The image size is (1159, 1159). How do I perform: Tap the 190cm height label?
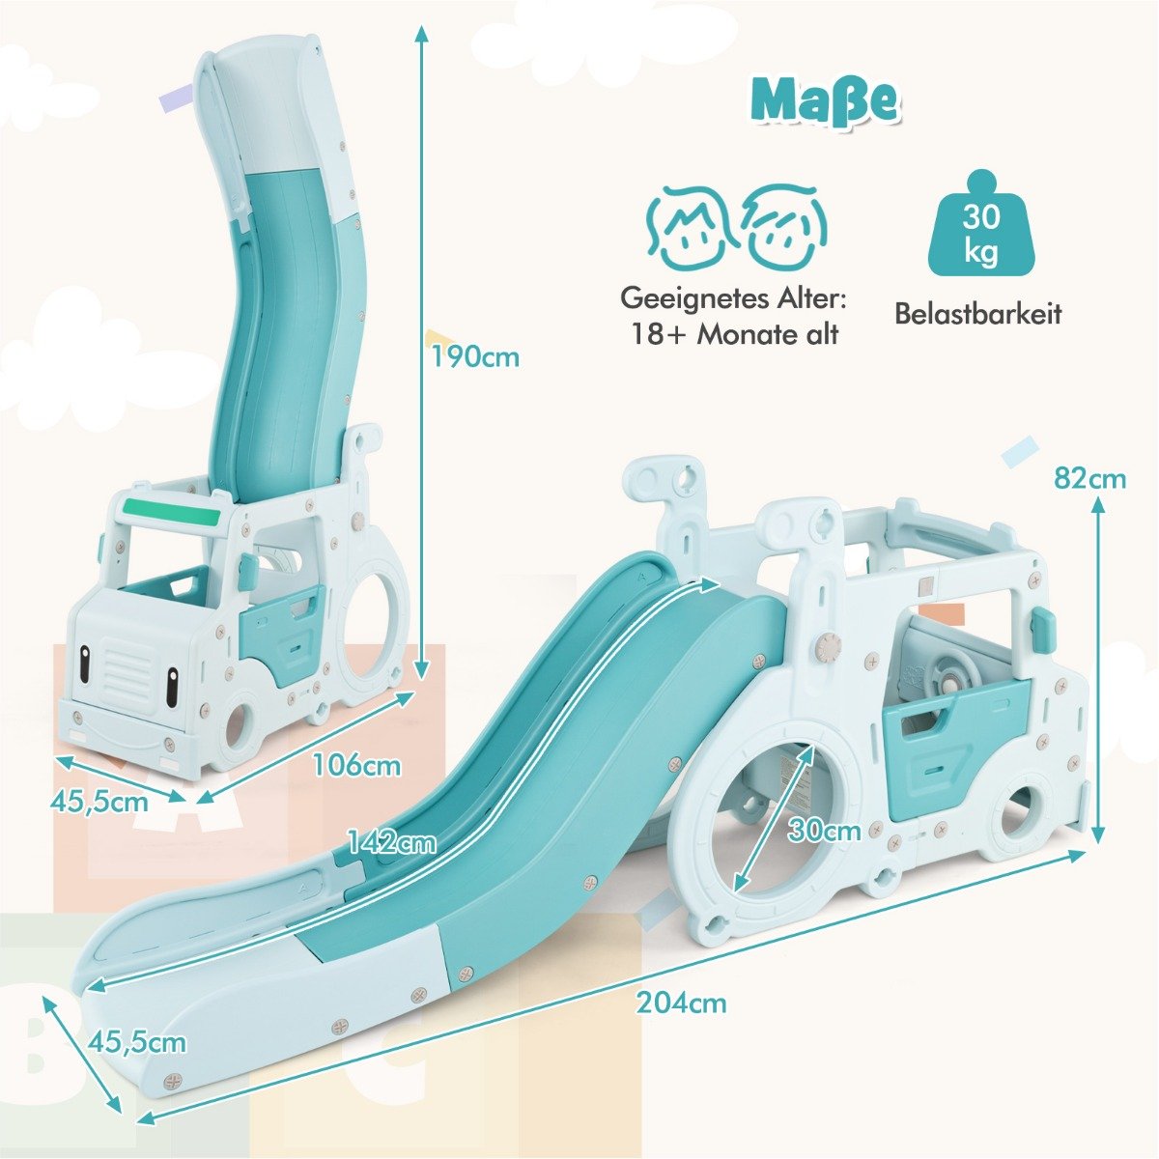[x=475, y=357]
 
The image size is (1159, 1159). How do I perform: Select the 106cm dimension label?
[x=356, y=766]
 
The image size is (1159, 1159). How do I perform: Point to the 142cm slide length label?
[x=392, y=842]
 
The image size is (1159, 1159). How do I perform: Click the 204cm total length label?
[x=682, y=1003]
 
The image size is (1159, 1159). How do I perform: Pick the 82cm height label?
[x=1089, y=479]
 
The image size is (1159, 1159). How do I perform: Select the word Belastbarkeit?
[x=978, y=315]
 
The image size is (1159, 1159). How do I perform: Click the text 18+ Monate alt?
[x=734, y=335]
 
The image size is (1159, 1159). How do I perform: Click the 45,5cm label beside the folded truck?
[x=99, y=802]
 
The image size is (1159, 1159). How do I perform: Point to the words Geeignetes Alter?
[x=734, y=298]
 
